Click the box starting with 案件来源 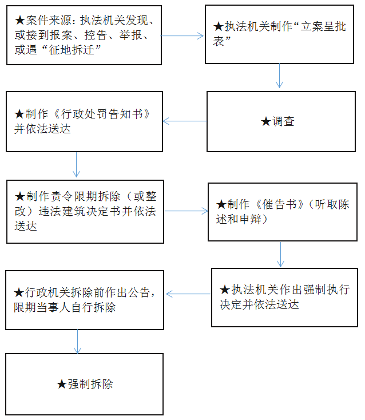coord(84,35)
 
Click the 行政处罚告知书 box coord(84,121)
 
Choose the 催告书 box coord(283,212)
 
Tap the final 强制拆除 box coord(84,384)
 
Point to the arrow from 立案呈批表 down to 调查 coord(279,76)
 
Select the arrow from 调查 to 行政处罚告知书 coord(185,121)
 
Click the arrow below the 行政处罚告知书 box coord(76,165)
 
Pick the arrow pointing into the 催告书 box coord(186,211)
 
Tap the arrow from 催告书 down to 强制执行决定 coord(280,254)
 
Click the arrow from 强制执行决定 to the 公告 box coord(188,294)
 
